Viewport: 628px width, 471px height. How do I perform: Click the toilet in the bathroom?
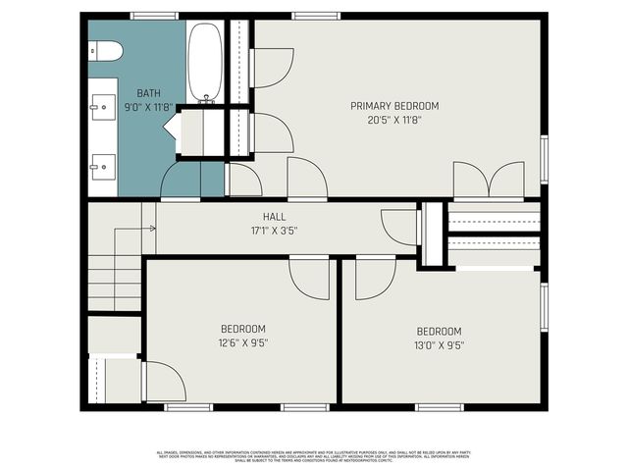pyautogui.click(x=106, y=50)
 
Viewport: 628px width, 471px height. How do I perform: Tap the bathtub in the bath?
pyautogui.click(x=205, y=62)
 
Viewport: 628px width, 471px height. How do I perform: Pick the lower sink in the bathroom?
pyautogui.click(x=102, y=164)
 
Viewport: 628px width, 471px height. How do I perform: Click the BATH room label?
pyautogui.click(x=148, y=92)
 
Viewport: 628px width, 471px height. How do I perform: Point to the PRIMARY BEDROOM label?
pyautogui.click(x=394, y=106)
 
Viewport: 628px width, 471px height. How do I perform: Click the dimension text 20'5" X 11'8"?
pyautogui.click(x=394, y=121)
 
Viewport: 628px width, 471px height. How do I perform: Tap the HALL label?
pyautogui.click(x=274, y=217)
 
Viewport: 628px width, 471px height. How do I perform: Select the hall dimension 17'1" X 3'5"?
pyautogui.click(x=274, y=232)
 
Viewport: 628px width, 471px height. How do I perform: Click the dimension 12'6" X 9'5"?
pyautogui.click(x=242, y=343)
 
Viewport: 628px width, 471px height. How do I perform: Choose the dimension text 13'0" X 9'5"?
pyautogui.click(x=439, y=345)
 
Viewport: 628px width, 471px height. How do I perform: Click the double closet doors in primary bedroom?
pyautogui.click(x=489, y=181)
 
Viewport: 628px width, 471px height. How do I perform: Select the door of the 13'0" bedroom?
pyautogui.click(x=374, y=278)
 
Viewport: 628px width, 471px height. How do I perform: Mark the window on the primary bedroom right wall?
pyautogui.click(x=544, y=165)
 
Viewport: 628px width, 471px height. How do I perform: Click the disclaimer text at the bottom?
pyautogui.click(x=313, y=455)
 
